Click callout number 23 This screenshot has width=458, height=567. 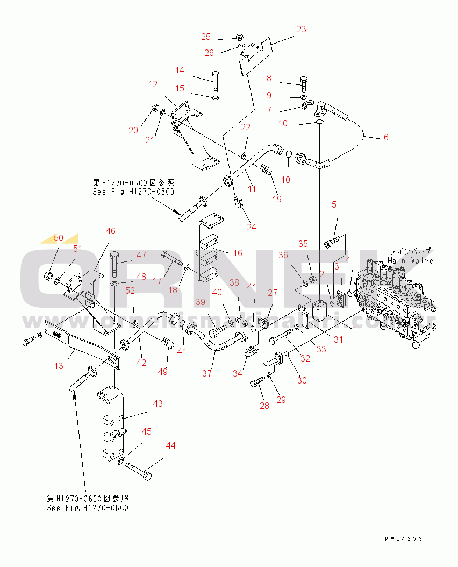point(301,29)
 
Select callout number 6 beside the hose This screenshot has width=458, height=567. point(385,137)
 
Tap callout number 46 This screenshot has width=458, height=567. point(110,231)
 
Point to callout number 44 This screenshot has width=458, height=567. point(170,445)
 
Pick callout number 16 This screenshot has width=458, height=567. point(238,252)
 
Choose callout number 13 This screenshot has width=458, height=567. point(59,366)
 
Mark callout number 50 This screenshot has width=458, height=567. point(59,238)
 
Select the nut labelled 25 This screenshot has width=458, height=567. point(240,38)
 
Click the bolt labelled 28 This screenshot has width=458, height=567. point(257,382)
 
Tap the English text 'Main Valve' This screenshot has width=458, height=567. point(410,260)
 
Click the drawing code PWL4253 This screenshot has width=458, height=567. point(403,538)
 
